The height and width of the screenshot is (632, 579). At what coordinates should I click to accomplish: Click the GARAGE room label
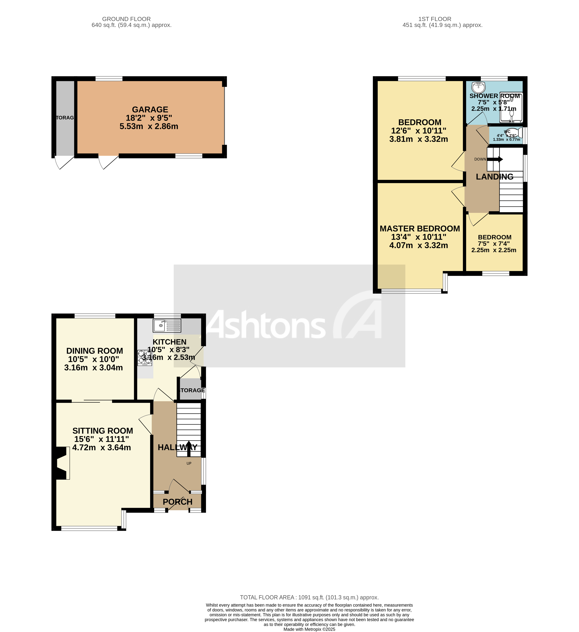150,110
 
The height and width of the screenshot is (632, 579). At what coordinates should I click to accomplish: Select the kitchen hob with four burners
144,358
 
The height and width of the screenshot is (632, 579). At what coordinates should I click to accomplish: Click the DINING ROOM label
94,351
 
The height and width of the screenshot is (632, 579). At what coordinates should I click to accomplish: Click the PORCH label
177,502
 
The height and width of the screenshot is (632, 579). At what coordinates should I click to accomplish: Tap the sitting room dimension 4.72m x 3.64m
101,448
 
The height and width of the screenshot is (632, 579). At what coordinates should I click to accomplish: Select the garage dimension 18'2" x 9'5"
149,118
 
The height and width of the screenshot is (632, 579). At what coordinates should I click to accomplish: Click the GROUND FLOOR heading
126,19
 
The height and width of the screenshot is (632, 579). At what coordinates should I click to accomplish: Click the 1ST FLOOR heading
435,19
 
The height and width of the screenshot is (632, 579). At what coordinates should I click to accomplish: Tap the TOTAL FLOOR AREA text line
309,597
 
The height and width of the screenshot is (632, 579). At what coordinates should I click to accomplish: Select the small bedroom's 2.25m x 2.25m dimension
494,250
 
